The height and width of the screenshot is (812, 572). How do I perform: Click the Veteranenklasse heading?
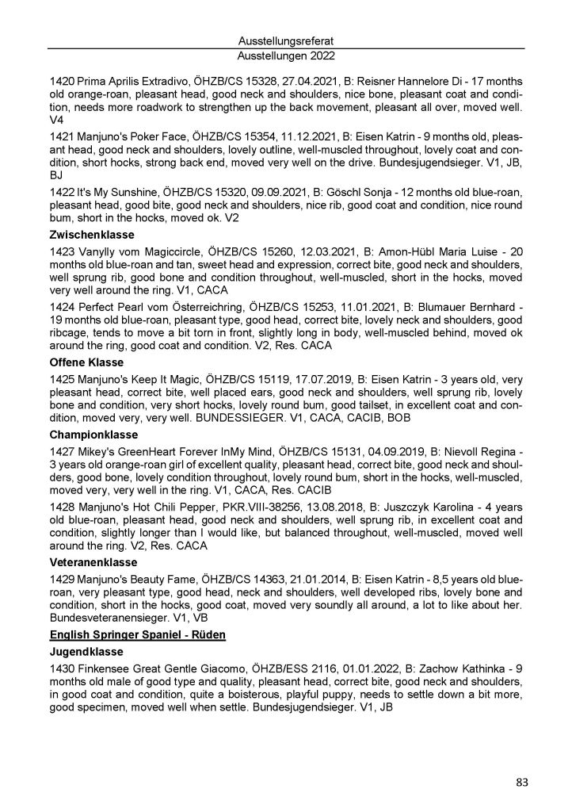93,561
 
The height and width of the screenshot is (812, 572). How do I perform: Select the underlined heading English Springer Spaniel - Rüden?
138,635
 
